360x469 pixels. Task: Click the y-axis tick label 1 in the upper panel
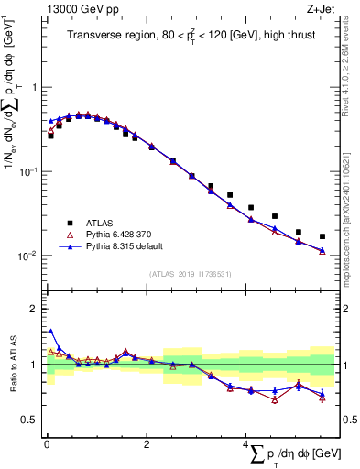point(34,87)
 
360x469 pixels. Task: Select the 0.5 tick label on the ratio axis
point(29,420)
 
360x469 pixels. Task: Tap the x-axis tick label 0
point(47,444)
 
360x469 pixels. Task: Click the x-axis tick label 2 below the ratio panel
point(147,444)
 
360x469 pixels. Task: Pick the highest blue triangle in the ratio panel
point(50,332)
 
